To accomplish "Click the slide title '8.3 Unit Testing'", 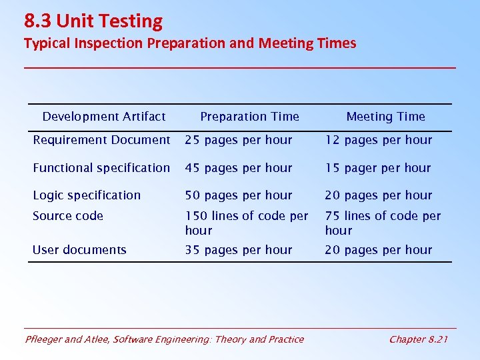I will (x=93, y=21).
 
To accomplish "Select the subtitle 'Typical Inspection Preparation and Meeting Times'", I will (x=190, y=43).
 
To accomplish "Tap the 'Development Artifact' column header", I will (x=104, y=117).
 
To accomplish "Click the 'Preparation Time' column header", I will (x=249, y=117).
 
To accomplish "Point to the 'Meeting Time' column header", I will (x=385, y=117).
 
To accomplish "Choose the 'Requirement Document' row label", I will (x=101, y=140).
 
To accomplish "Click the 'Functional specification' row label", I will (x=101, y=168).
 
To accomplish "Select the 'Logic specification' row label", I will (x=87, y=195).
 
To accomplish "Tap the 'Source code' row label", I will (x=68, y=216).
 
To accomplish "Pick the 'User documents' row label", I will (x=79, y=250).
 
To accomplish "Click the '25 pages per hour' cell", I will (x=239, y=140).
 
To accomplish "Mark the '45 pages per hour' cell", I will (x=239, y=168).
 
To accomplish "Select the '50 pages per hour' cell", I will (x=239, y=195).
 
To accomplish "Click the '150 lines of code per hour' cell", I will (x=246, y=223).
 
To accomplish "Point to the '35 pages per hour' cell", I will (x=239, y=250).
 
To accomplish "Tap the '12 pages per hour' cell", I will (x=379, y=140).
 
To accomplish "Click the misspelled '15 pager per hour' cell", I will (x=378, y=168).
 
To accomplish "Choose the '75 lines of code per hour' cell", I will (x=383, y=223).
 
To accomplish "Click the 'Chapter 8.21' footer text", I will (x=418, y=339).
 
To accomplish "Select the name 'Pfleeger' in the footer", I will (x=44, y=339).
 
